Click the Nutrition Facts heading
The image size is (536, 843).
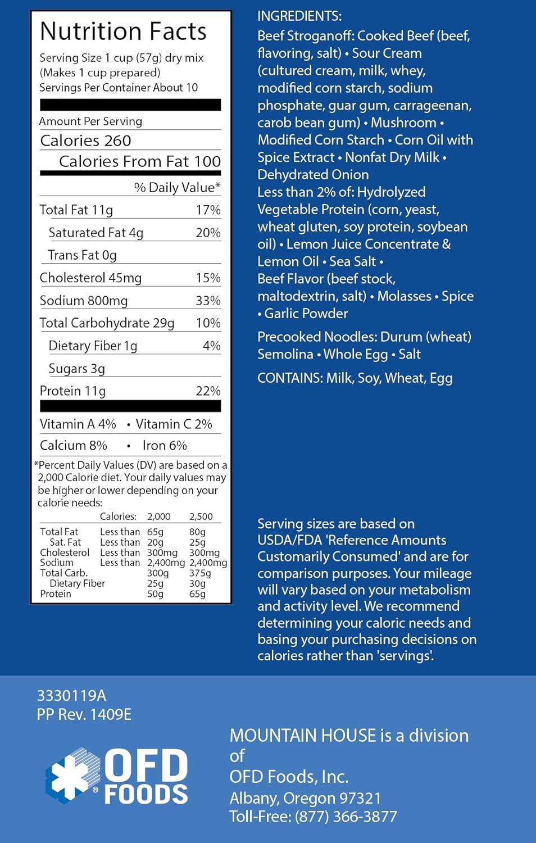[x=123, y=31]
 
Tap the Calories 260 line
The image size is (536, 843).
[x=85, y=140]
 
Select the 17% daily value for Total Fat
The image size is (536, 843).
[x=208, y=210]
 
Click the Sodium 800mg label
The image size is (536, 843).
[x=84, y=301]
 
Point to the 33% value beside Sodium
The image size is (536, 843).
[x=208, y=301]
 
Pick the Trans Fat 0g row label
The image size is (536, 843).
[x=83, y=255]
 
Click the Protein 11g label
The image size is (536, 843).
[x=72, y=391]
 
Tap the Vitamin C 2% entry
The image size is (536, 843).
[x=174, y=424]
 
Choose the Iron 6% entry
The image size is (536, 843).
[x=165, y=446]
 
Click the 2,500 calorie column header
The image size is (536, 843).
[x=201, y=516]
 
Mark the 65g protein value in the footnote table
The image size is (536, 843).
[x=197, y=594]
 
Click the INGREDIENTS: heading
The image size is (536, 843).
[x=299, y=16]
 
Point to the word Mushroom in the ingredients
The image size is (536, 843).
[x=403, y=123]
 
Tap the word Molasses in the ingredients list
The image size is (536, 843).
[x=405, y=296]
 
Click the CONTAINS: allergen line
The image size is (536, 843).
[x=355, y=378]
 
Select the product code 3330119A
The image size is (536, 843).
[x=71, y=696]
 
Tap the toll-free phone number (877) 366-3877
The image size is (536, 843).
[x=346, y=817]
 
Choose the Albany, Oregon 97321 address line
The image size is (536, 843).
[x=305, y=798]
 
